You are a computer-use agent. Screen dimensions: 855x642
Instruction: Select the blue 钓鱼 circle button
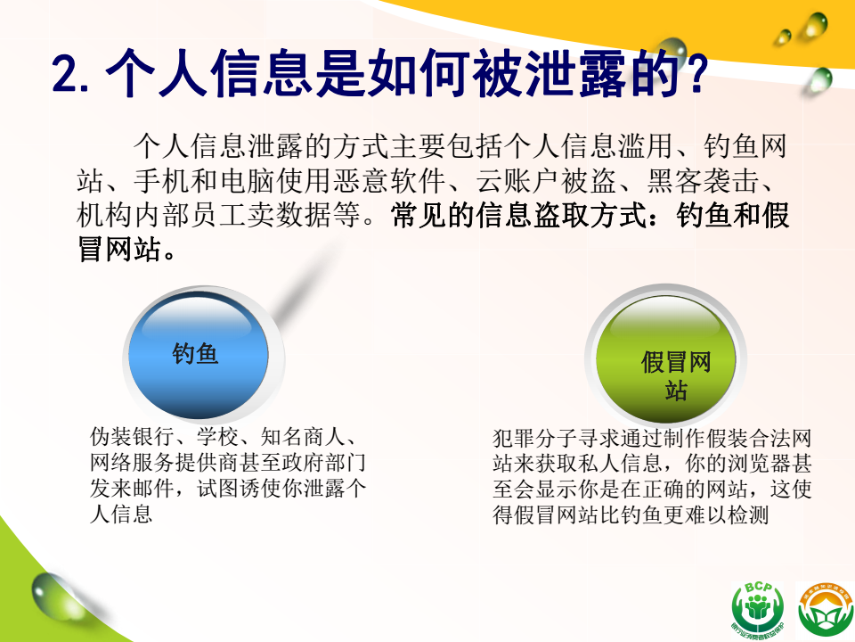199,356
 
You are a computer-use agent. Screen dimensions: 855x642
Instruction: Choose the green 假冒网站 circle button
665,358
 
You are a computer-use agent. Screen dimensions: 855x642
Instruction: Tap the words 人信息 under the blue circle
121,514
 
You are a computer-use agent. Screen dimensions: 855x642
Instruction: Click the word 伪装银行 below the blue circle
133,437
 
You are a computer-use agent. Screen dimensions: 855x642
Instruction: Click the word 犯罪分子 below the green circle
535,439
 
